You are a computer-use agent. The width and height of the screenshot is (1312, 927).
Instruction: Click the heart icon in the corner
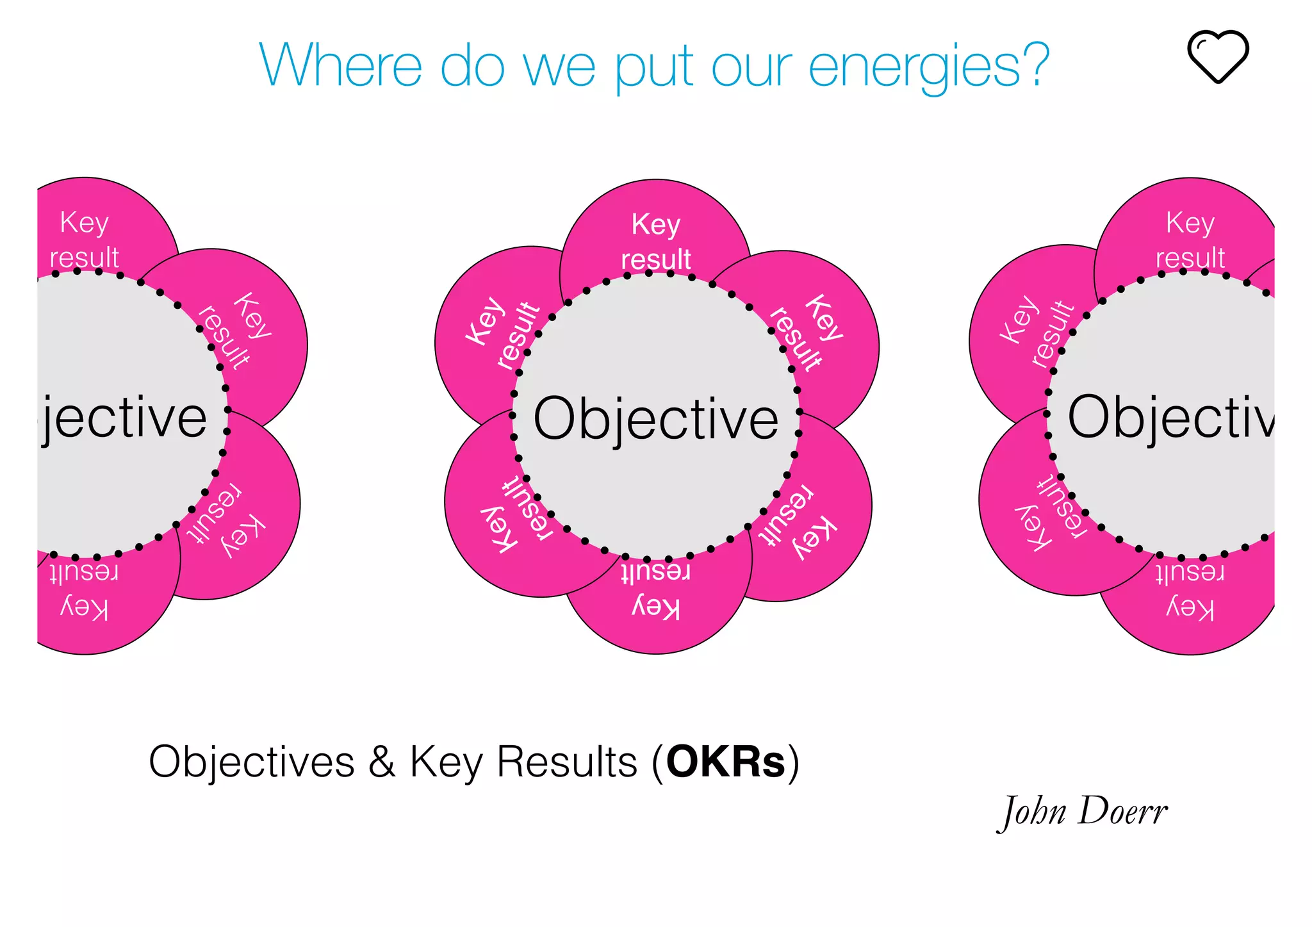(x=1217, y=56)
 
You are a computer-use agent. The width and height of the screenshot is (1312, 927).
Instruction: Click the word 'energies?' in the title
(x=929, y=66)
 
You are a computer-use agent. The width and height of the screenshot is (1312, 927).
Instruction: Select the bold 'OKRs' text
(x=726, y=762)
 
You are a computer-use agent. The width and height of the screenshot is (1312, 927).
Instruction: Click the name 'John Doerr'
(x=1083, y=812)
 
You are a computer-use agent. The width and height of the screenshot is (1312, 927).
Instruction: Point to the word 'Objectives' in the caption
(x=251, y=762)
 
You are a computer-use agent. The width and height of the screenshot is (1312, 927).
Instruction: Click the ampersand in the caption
(x=382, y=762)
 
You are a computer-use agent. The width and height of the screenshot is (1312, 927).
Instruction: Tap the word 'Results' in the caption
(x=568, y=762)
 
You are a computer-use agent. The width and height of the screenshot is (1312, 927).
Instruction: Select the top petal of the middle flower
(x=655, y=231)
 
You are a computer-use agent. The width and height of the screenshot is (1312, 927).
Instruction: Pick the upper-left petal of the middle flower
(x=487, y=320)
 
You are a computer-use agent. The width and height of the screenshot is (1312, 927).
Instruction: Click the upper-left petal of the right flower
(x=1019, y=320)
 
